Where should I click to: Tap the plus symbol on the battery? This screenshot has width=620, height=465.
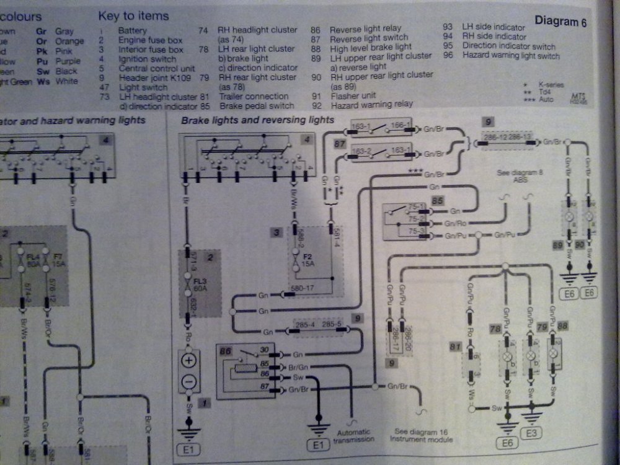pyautogui.click(x=190, y=360)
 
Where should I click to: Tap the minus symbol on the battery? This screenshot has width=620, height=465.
pyautogui.click(x=190, y=380)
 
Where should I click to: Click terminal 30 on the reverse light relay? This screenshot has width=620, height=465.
pyautogui.click(x=265, y=350)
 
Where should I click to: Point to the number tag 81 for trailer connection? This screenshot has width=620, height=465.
pyautogui.click(x=456, y=345)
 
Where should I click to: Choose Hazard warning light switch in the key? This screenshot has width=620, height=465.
pyautogui.click(x=510, y=56)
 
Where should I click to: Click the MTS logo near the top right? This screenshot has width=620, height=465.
pyautogui.click(x=578, y=99)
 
